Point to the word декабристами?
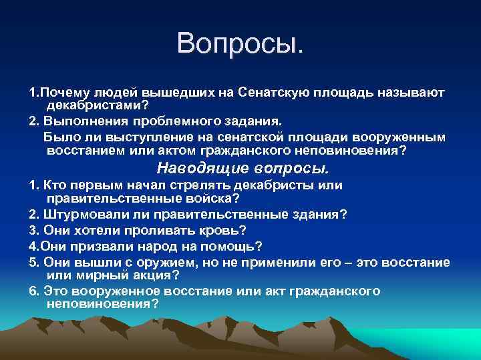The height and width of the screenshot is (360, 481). pyautogui.click(x=96, y=106)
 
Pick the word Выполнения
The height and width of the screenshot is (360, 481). pyautogui.click(x=77, y=122)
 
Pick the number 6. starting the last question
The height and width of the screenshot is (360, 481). pyautogui.click(x=34, y=291)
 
